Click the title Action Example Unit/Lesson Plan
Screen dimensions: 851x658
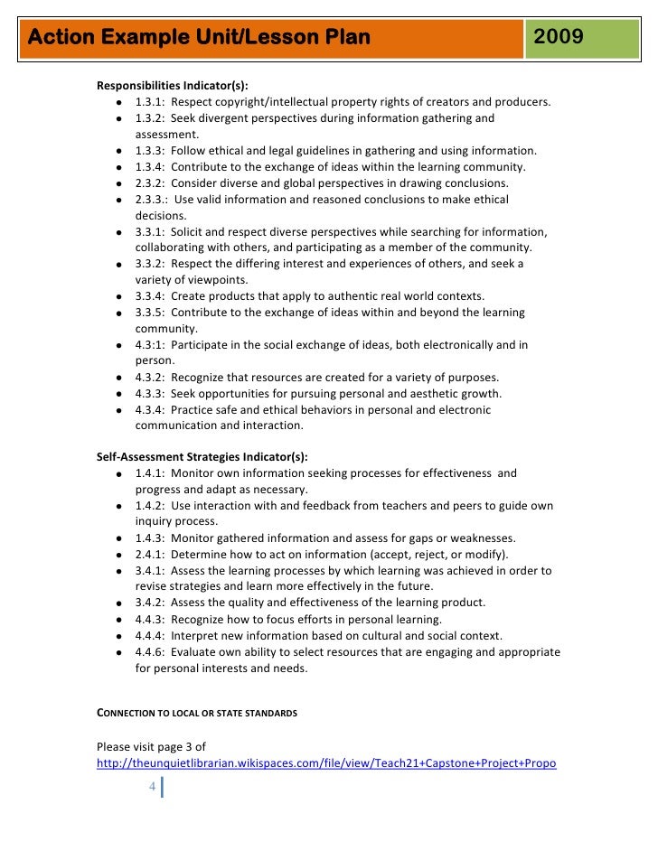(x=193, y=38)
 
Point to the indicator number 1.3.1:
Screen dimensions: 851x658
(x=151, y=101)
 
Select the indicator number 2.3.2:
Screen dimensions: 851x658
(x=151, y=182)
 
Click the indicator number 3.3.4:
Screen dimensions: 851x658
(x=151, y=296)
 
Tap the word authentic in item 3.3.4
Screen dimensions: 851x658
(x=338, y=296)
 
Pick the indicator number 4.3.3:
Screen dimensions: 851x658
(x=151, y=394)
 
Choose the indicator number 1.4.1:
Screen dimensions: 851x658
(x=151, y=472)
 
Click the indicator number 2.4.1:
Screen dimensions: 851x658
(x=151, y=554)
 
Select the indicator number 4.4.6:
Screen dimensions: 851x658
(x=151, y=651)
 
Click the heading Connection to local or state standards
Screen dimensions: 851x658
(x=197, y=714)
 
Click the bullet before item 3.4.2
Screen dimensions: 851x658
(x=119, y=603)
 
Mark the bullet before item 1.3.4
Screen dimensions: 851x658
(x=119, y=167)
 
